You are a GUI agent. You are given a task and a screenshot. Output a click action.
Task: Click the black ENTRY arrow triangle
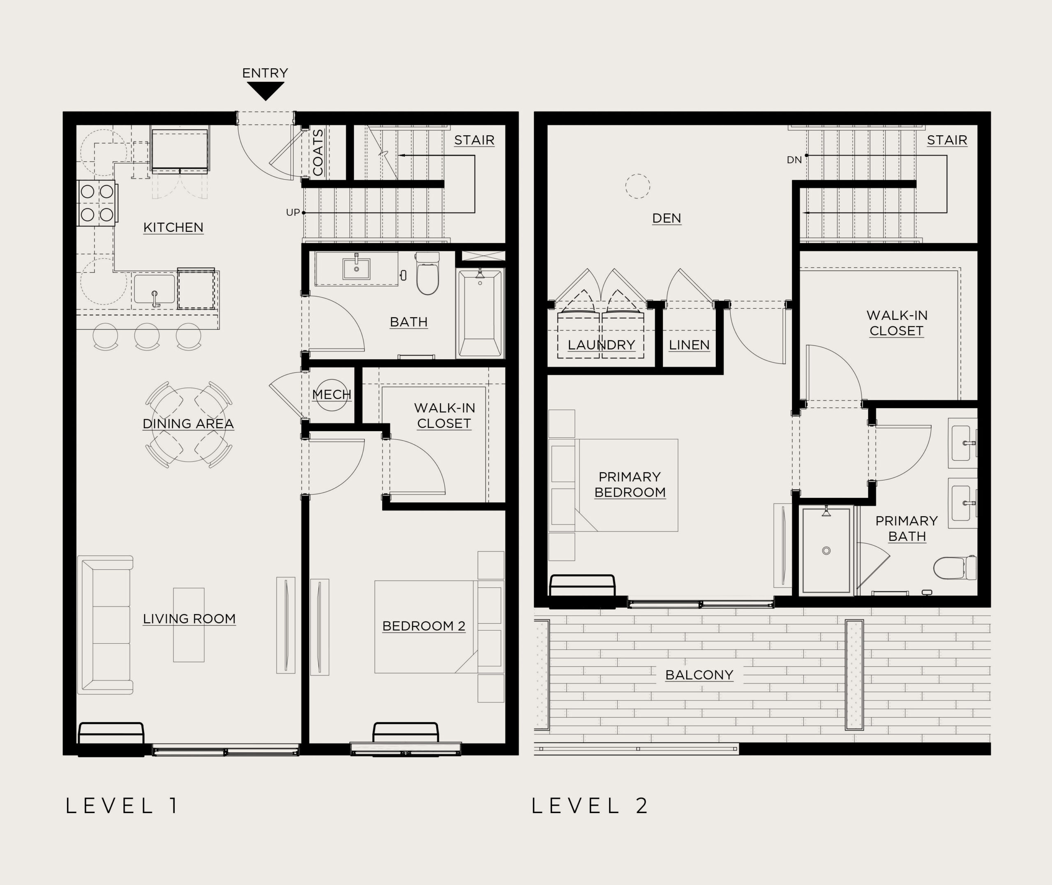click(x=266, y=91)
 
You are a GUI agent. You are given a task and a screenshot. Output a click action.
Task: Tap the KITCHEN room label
click(x=173, y=227)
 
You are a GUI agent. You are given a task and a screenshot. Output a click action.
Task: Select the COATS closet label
click(x=318, y=153)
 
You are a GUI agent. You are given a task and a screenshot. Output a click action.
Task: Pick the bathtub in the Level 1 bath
click(x=480, y=314)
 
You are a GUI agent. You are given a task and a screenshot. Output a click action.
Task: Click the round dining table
click(x=189, y=425)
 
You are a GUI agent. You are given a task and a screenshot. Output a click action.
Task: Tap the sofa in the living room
click(x=105, y=625)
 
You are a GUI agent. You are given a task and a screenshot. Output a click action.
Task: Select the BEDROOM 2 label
click(x=424, y=626)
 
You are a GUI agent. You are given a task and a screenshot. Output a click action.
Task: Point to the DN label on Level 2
click(x=794, y=160)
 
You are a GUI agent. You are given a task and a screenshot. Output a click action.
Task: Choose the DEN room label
click(x=667, y=218)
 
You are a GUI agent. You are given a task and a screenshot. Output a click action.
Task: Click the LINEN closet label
click(x=689, y=345)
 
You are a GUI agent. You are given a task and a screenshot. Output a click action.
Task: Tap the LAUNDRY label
click(x=601, y=345)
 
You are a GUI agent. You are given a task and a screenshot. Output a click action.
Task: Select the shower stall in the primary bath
click(x=826, y=550)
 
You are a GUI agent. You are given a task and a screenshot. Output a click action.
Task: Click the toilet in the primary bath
click(x=955, y=567)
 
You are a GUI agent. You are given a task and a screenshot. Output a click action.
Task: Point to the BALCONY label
click(x=699, y=675)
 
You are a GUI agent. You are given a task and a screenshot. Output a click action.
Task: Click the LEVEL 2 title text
click(x=590, y=806)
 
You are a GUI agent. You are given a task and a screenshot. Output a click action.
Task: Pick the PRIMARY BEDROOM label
click(x=630, y=485)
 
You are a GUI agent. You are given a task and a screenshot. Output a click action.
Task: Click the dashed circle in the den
click(x=638, y=174)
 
